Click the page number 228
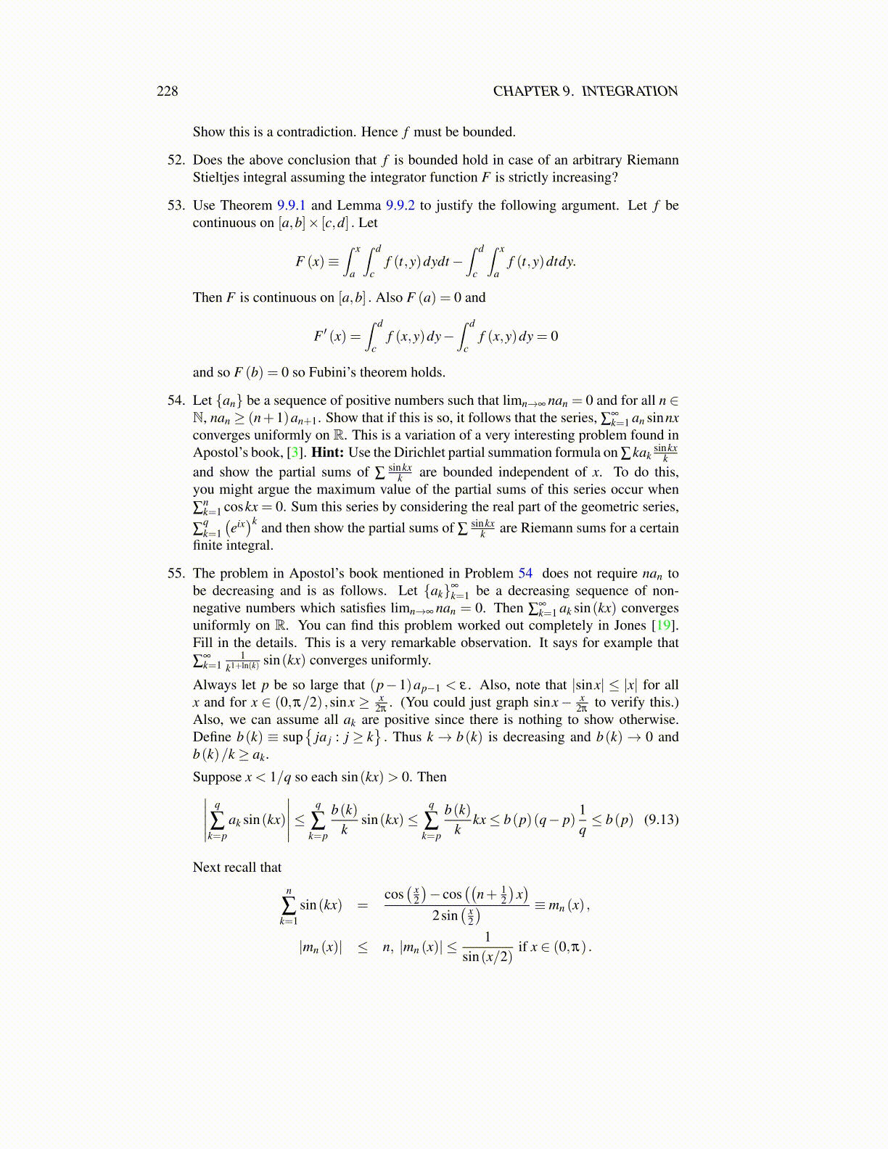tap(167, 91)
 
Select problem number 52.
tap(176, 160)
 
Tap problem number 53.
tap(176, 205)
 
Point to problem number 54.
tap(176, 400)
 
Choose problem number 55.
tap(176, 573)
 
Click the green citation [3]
tap(295, 453)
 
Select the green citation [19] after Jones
tap(662, 625)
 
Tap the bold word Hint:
tap(328, 453)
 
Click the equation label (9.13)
tap(661, 820)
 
